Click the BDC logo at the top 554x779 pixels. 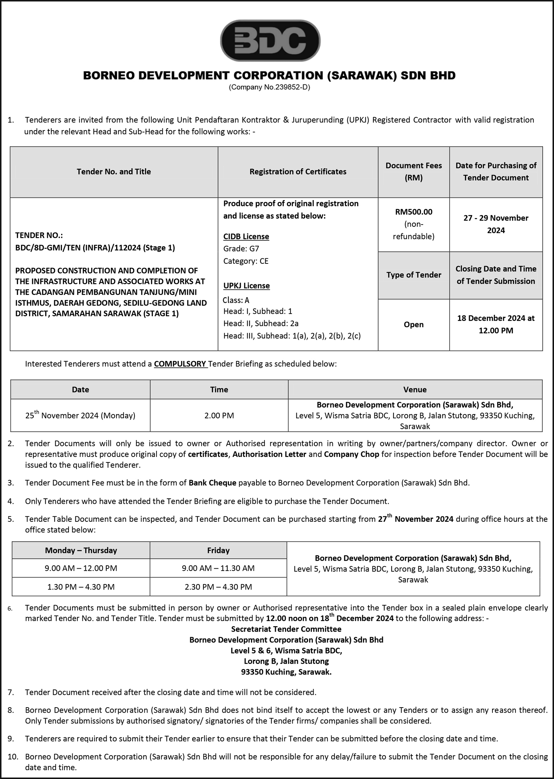click(270, 40)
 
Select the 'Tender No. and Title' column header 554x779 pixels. click(114, 171)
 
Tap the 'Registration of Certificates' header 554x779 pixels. click(298, 171)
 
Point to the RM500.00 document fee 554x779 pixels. click(413, 212)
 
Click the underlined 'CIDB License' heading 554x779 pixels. click(246, 237)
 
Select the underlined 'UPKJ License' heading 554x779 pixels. click(247, 286)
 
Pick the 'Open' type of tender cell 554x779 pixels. click(413, 325)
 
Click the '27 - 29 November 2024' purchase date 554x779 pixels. click(496, 224)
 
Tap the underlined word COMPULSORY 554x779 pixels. click(180, 364)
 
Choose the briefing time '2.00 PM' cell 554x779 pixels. click(219, 416)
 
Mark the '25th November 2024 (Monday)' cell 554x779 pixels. click(80, 416)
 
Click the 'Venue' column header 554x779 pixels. click(415, 389)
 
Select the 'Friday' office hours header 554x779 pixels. click(218, 550)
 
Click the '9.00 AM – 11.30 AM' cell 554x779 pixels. click(218, 568)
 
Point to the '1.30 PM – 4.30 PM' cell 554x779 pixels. click(81, 587)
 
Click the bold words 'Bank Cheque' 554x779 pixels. click(213, 483)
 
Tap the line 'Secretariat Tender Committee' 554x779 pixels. click(286, 629)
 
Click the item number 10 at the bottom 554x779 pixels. click(13, 757)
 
